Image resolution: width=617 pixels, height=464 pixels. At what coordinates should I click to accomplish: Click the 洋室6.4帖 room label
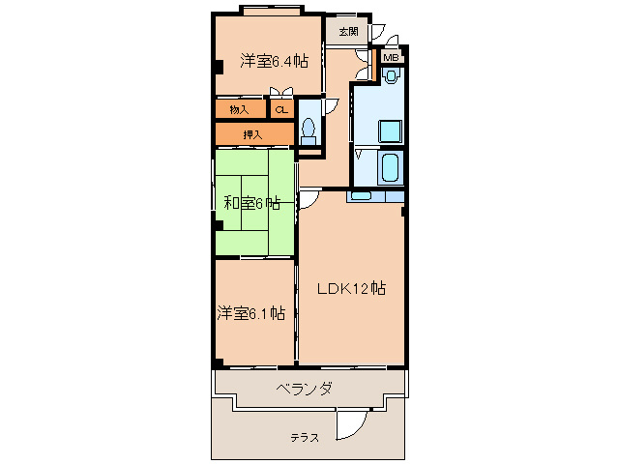tap(274, 61)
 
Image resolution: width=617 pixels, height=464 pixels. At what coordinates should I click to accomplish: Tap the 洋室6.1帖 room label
tap(250, 312)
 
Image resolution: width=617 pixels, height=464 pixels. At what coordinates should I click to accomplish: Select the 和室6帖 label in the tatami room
tap(252, 203)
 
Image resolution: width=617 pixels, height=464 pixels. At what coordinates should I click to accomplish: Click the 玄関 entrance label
tap(348, 31)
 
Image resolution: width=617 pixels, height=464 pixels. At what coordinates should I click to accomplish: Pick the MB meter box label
tap(390, 58)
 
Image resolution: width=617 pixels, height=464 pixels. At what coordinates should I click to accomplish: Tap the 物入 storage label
tap(239, 109)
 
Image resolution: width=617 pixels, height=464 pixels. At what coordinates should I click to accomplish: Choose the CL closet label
tap(281, 109)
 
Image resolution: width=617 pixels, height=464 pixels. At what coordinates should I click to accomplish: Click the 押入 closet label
tap(251, 133)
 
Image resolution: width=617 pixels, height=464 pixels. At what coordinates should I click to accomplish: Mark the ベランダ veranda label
tap(304, 389)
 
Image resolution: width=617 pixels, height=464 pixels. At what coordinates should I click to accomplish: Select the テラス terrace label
tap(306, 438)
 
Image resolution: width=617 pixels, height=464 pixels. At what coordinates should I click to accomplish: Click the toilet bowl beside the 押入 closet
tap(309, 129)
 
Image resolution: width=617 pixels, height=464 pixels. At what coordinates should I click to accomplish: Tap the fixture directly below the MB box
tap(390, 76)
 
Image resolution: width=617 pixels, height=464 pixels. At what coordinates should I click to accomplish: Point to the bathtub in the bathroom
tap(389, 167)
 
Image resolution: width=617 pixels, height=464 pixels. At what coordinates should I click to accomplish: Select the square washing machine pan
tap(389, 130)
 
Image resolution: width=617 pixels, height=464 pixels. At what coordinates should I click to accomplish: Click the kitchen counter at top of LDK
tap(373, 196)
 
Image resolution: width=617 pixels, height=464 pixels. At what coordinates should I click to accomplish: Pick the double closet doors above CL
tap(281, 93)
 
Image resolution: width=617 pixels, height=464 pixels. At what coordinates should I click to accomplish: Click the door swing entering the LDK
tap(310, 199)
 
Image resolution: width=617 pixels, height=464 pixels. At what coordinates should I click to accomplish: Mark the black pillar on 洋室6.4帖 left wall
tap(218, 69)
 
